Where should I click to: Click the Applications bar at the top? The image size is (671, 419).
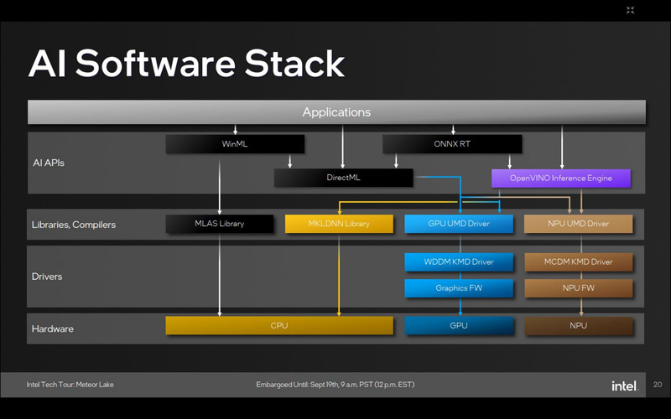pos(336,112)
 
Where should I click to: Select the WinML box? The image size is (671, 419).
pos(235,144)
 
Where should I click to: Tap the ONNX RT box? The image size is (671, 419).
pos(453,144)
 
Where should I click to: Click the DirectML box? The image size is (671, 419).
pos(343,178)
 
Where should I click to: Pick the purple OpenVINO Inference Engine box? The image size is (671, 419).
pos(560,178)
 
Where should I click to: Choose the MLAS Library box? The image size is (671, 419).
pos(220,224)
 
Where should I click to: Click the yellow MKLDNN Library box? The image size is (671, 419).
pos(339,224)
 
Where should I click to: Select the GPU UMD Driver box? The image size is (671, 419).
pos(458,224)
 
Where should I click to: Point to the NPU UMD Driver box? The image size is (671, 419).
pos(578,224)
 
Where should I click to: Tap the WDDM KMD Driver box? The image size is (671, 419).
pos(458,262)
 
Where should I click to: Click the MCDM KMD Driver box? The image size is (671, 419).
pos(578,262)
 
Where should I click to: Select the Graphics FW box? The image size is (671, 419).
pos(458,288)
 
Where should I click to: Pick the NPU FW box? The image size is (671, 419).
pos(578,288)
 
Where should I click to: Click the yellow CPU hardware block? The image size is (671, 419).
pos(279,325)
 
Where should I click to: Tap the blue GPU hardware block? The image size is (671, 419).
pos(458,325)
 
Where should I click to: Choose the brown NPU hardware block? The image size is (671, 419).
pos(578,325)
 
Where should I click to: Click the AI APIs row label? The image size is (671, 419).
pos(49,163)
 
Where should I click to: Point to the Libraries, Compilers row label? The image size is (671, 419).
pos(73,225)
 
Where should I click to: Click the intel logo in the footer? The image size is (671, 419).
pos(622,385)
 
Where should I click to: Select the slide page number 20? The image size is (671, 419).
pos(657,385)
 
